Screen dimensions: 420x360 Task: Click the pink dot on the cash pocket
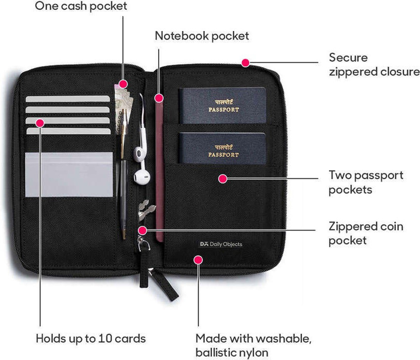click(x=123, y=84)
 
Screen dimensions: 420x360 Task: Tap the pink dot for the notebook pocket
click(x=159, y=98)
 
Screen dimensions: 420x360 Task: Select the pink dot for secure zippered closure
click(x=246, y=63)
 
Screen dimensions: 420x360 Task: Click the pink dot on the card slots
click(x=40, y=123)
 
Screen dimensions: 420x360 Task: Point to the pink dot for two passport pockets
click(x=222, y=179)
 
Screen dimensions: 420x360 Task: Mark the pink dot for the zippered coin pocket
click(x=142, y=230)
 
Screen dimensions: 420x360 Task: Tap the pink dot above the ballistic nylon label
click(x=198, y=260)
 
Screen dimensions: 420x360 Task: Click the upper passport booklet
click(x=222, y=106)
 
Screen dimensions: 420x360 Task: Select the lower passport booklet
click(x=222, y=148)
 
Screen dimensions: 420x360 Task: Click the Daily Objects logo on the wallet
click(x=221, y=244)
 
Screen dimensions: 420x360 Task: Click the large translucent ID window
click(x=69, y=174)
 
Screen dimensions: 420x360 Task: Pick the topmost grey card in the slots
click(x=68, y=99)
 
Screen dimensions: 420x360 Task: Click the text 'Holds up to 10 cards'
click(x=91, y=339)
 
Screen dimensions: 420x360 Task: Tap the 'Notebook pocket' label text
click(x=202, y=36)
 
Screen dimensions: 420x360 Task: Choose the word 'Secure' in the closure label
click(x=348, y=58)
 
